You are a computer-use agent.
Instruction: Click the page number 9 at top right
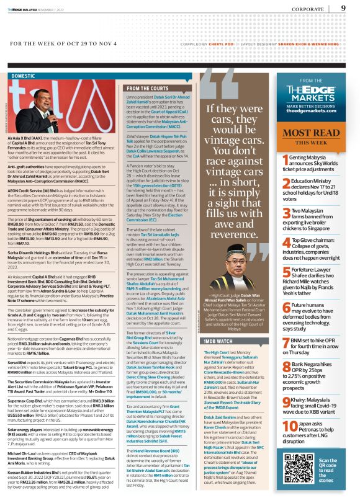pos(343,7)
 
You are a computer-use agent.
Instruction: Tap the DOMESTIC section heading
pos(24,76)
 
